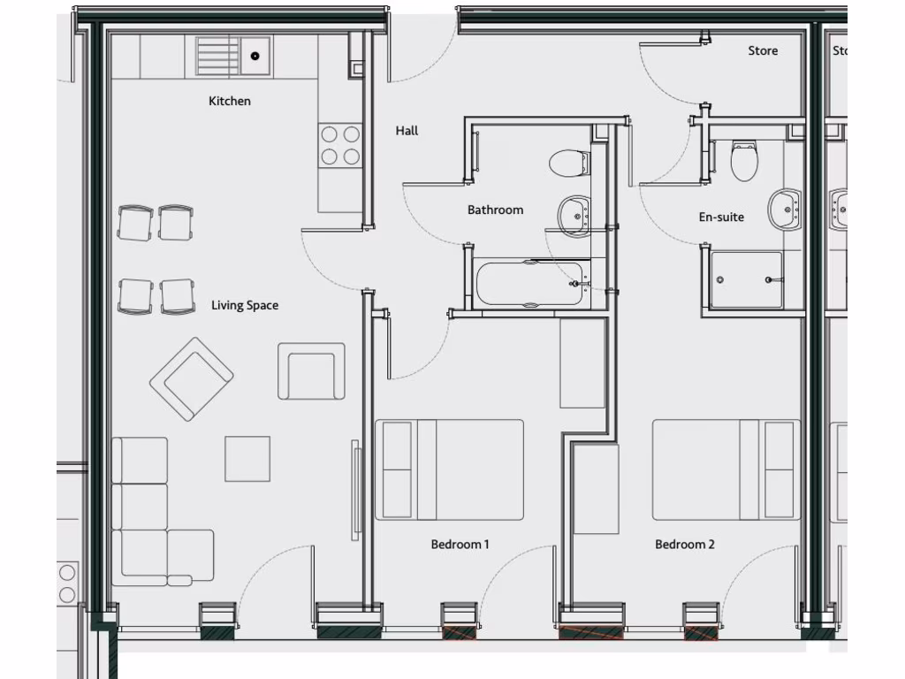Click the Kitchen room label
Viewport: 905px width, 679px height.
[x=230, y=102]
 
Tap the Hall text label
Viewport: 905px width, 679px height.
[x=407, y=131]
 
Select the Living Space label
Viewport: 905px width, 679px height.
[x=245, y=306]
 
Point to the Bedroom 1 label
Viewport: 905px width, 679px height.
[x=460, y=545]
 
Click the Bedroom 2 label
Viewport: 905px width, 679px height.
[x=685, y=545]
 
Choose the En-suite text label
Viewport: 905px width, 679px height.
[x=721, y=217]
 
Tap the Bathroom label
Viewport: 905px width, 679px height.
[x=495, y=210]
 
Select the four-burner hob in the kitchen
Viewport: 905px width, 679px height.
[x=340, y=146]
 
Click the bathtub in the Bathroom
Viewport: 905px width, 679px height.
[x=529, y=283]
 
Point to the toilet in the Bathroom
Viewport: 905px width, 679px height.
[x=568, y=163]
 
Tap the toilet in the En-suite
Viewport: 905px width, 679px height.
[x=744, y=161]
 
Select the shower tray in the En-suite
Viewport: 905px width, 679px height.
[x=747, y=280]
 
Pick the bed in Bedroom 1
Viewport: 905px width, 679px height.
[x=449, y=469]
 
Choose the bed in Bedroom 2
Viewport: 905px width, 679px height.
[x=726, y=469]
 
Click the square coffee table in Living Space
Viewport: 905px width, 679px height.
[x=247, y=459]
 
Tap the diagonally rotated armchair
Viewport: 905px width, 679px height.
[x=192, y=378]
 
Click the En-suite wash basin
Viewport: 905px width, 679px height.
[x=785, y=209]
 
